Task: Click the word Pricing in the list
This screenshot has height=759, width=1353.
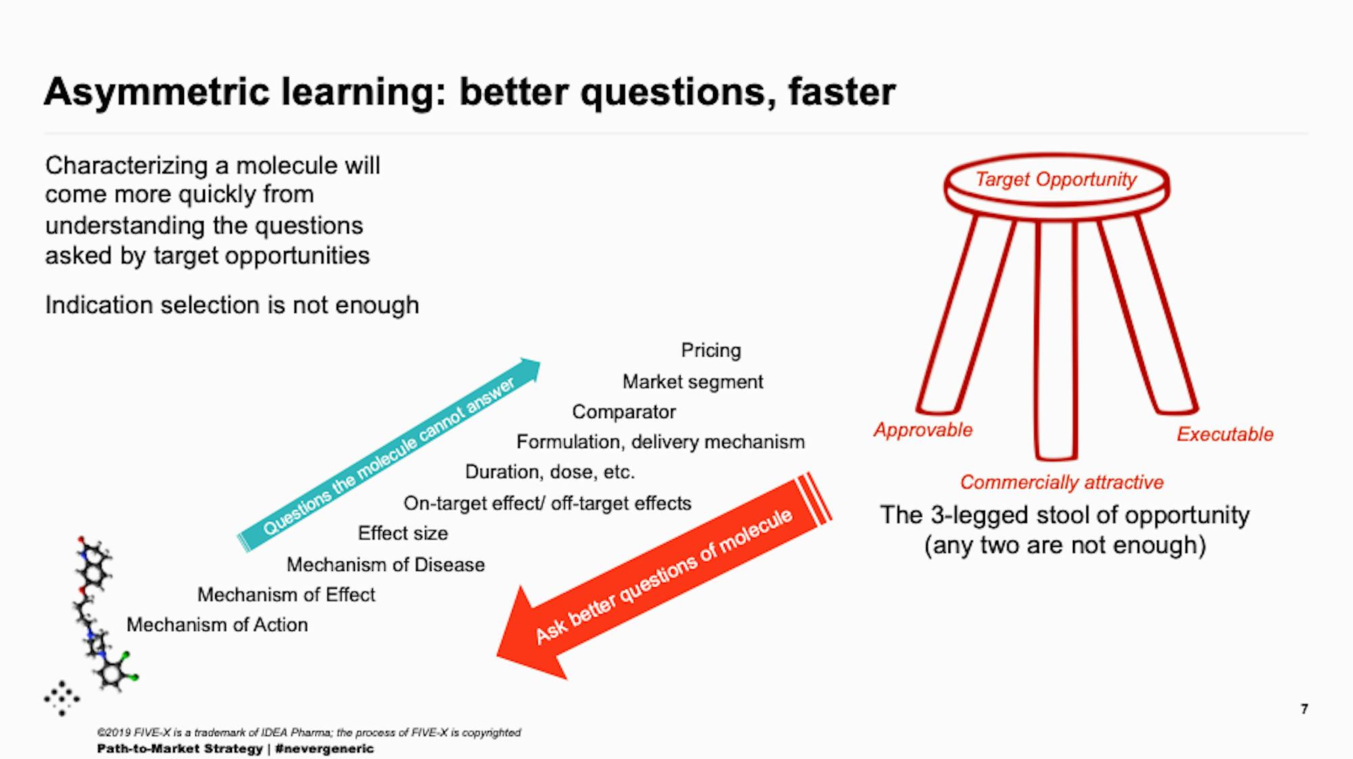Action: coord(710,350)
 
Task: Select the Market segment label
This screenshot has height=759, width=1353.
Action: coord(692,382)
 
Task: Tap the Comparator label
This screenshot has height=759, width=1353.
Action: coord(624,412)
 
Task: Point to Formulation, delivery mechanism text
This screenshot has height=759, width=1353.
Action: coord(660,442)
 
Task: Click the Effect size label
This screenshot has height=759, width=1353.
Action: coord(403,534)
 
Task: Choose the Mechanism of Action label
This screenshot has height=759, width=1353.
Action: coord(217,625)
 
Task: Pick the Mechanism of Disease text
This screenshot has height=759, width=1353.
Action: coord(386,565)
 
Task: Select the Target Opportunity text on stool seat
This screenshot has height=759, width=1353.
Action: coord(1055,180)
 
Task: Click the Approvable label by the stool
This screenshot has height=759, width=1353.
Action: coord(923,430)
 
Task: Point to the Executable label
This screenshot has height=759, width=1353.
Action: coord(1224,434)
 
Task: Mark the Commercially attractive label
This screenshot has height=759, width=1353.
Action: coord(1061,483)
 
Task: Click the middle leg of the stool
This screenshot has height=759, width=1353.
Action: coord(1055,338)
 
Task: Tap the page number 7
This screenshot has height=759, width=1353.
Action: coord(1304,709)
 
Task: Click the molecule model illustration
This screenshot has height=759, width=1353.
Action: coord(98,609)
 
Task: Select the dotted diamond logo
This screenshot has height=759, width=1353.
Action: coord(62,698)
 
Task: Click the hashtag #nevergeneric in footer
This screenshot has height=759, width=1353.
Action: coord(325,749)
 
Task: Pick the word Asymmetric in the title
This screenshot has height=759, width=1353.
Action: coord(156,92)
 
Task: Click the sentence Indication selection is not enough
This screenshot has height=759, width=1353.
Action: coord(232,306)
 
